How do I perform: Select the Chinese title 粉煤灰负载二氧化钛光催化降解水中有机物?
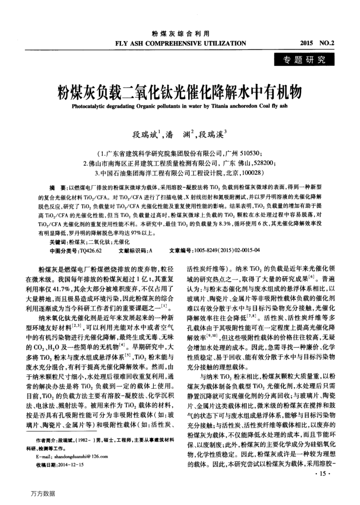pyautogui.click(x=179, y=92)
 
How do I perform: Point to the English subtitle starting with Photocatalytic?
pyautogui.click(x=179, y=107)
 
